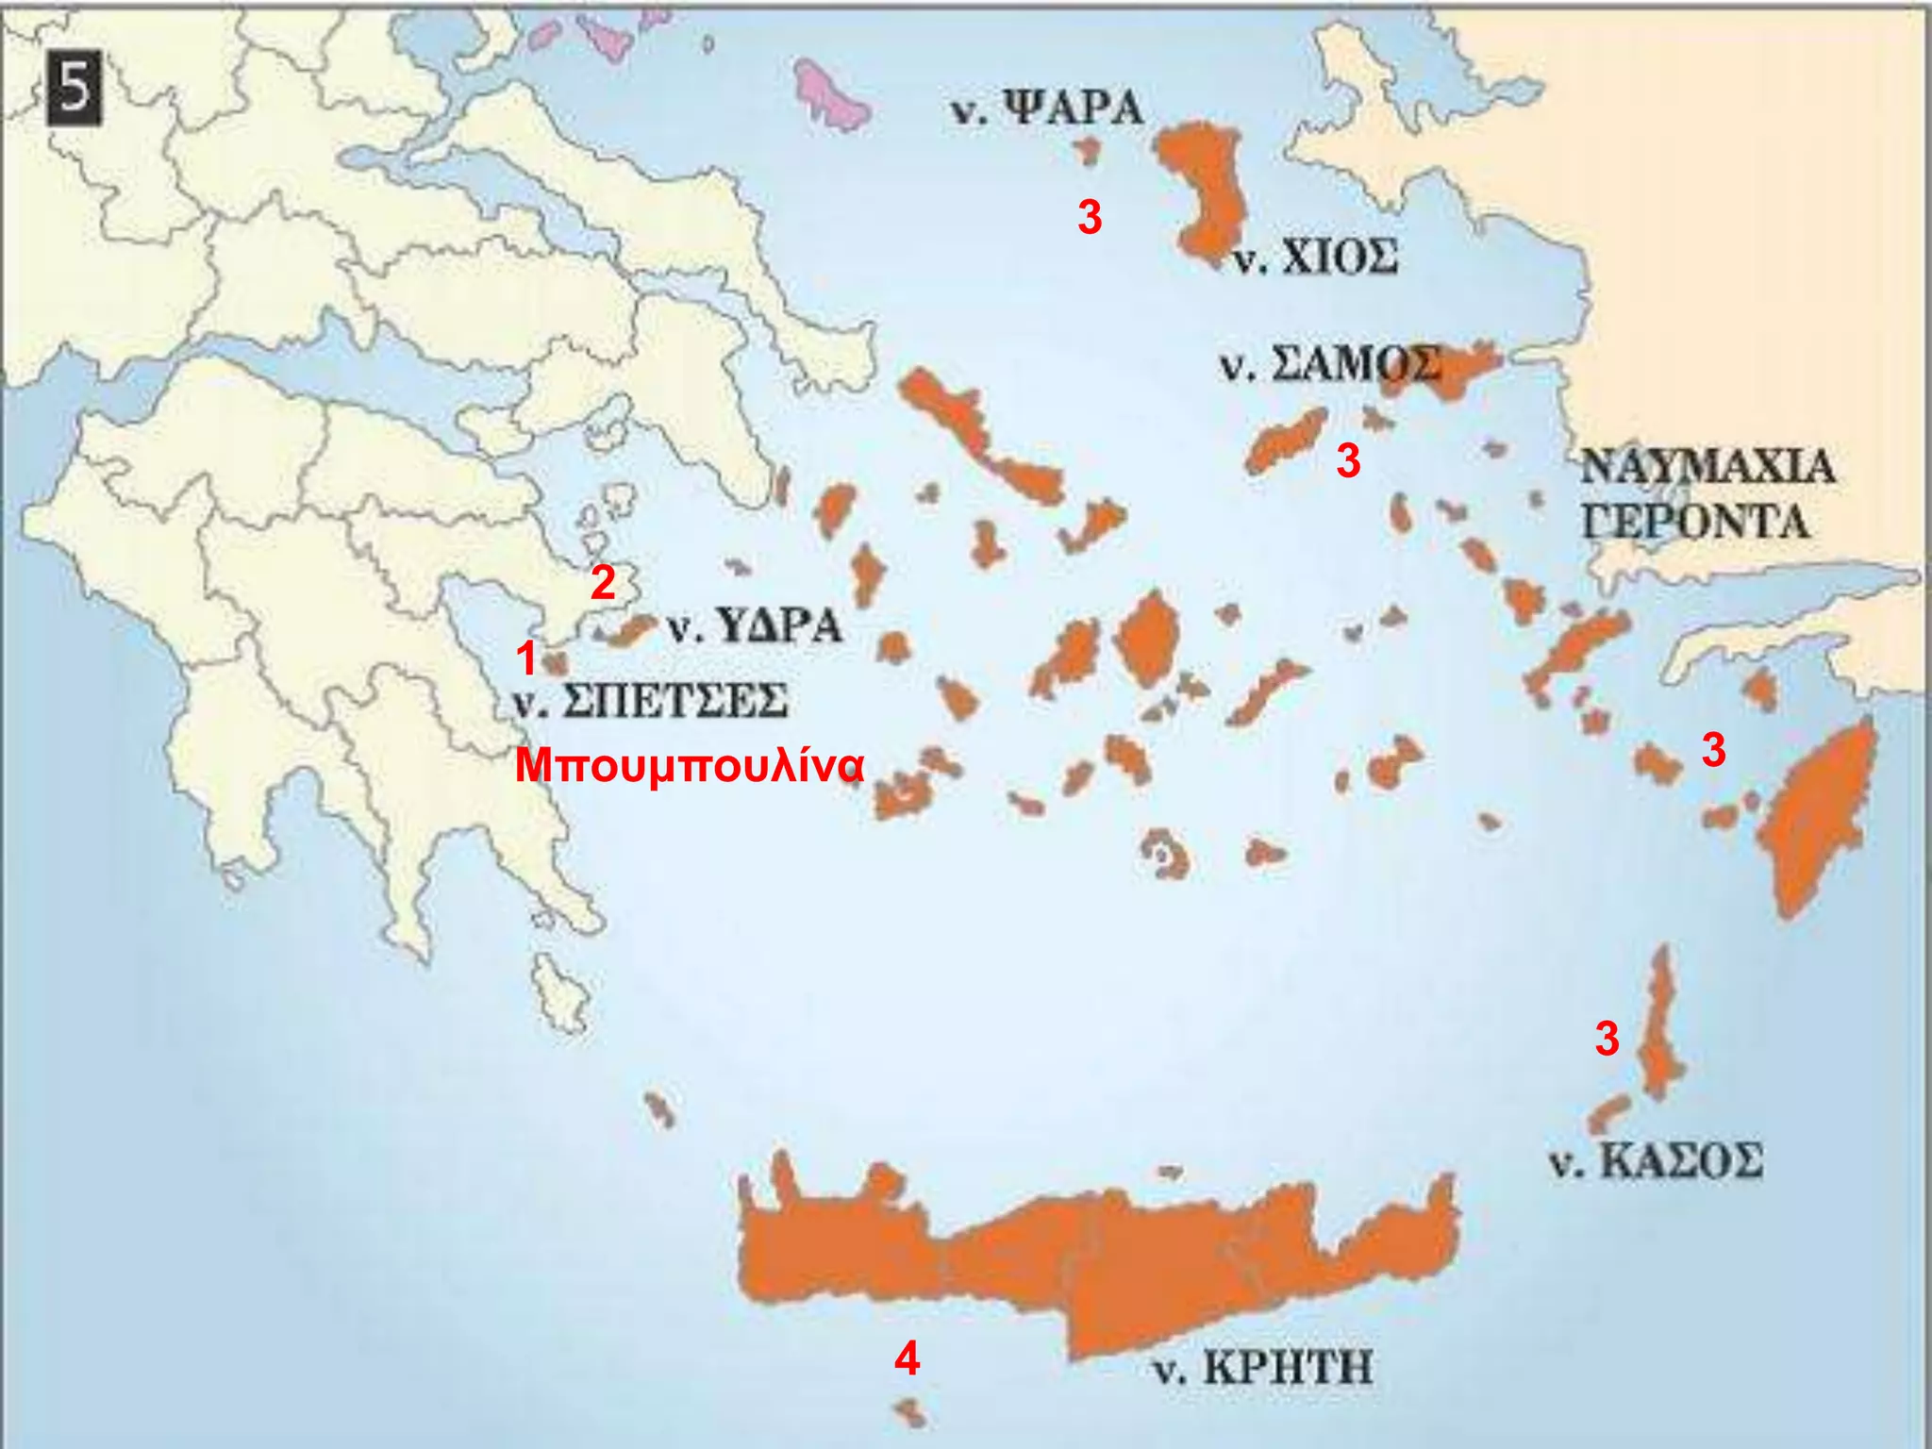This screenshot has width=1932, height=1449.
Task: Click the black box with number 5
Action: [x=73, y=90]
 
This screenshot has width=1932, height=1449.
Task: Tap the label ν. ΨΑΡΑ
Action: [x=1045, y=109]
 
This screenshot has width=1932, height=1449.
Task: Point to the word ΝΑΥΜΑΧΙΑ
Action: [x=1707, y=467]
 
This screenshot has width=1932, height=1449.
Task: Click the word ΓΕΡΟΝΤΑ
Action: [x=1695, y=522]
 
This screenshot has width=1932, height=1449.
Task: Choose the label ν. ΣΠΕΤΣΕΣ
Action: [x=651, y=702]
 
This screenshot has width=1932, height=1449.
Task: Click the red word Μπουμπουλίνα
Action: [x=689, y=766]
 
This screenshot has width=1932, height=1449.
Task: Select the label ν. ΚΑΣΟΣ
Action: [x=1656, y=1160]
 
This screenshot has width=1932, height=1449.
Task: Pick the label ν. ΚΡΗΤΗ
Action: [x=1262, y=1367]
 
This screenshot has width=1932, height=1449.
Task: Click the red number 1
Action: [x=526, y=658]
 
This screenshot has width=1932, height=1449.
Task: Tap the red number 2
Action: [x=603, y=583]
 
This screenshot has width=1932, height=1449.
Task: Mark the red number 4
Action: [x=907, y=1358]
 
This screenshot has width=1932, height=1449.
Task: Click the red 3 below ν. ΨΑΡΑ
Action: [x=1090, y=218]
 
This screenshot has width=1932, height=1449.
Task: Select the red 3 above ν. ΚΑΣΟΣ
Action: [x=1607, y=1038]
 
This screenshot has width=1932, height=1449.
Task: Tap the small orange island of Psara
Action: [x=1089, y=151]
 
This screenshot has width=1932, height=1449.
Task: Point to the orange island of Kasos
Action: [x=1609, y=1113]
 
